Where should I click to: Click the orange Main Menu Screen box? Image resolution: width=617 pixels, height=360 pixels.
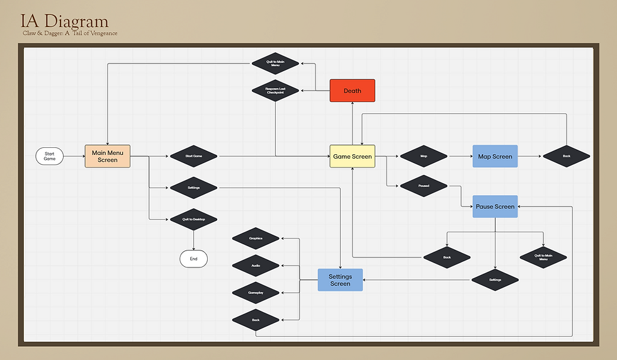(x=108, y=156)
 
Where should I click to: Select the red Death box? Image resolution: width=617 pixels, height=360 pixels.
(x=353, y=91)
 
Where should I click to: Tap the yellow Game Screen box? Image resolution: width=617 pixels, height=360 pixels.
(x=353, y=156)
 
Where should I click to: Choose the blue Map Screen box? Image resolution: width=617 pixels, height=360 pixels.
(x=495, y=156)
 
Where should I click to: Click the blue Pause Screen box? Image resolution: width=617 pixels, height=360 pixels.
(x=495, y=206)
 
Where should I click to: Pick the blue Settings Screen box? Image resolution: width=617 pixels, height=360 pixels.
(x=340, y=280)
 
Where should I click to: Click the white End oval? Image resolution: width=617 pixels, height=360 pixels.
(x=193, y=259)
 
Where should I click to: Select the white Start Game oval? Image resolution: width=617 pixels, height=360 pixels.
(x=50, y=156)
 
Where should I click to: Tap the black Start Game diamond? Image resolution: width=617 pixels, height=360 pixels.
(x=193, y=156)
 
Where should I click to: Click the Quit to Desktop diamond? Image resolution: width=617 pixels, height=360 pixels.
(x=193, y=219)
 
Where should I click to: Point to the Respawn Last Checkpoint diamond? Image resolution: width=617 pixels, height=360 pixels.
(x=275, y=91)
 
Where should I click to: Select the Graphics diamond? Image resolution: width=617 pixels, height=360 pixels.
(x=256, y=239)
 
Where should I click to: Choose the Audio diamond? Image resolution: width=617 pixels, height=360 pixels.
(x=256, y=266)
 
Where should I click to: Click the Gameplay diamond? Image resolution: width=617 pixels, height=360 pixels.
(x=256, y=293)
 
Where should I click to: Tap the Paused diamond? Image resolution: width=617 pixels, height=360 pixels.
(x=424, y=186)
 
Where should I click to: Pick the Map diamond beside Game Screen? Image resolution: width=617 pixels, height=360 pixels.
(x=424, y=156)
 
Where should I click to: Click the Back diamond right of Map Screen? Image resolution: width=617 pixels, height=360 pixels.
(x=566, y=156)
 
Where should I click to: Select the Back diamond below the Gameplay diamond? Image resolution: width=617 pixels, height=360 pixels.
(x=256, y=320)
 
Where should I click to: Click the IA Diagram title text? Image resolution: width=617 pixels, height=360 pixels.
(x=64, y=21)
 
